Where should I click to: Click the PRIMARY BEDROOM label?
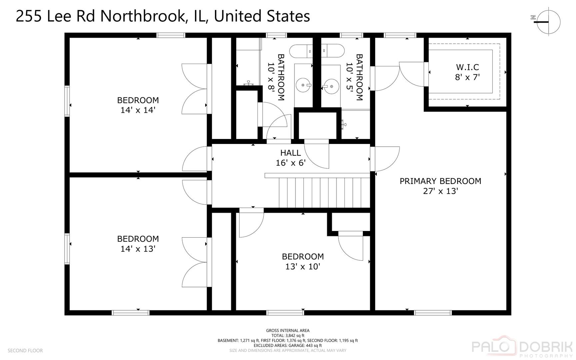(x=440, y=181)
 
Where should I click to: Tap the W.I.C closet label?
(x=467, y=67)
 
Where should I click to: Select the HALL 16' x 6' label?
(x=290, y=158)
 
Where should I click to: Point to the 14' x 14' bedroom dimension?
(x=138, y=110)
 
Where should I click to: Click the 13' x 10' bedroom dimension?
(x=302, y=266)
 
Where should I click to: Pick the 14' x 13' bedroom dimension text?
(x=138, y=249)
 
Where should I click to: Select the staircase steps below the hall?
(x=324, y=192)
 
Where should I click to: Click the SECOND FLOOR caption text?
(x=25, y=351)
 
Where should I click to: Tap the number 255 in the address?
(x=29, y=16)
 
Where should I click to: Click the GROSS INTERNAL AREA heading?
(x=288, y=331)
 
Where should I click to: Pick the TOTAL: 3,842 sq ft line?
(x=288, y=336)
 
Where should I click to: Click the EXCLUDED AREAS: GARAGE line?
(x=288, y=346)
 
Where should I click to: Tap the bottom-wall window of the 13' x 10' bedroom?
(x=286, y=313)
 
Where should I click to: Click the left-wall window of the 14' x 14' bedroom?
(x=67, y=101)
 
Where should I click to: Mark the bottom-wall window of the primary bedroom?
(x=433, y=313)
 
